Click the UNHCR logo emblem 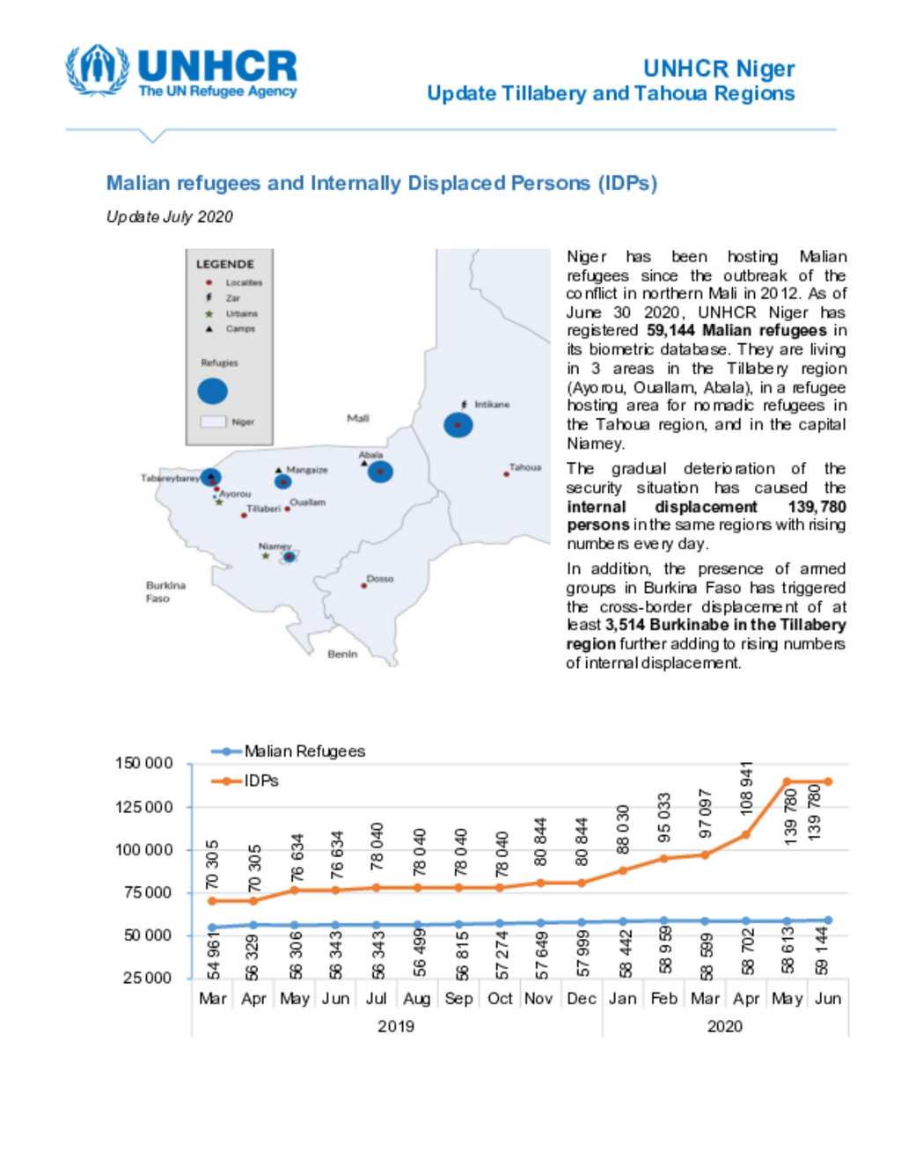[x=97, y=70]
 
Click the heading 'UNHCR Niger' [x=718, y=69]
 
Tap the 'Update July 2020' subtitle [x=169, y=216]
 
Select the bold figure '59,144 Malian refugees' [x=736, y=331]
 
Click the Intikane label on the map [x=491, y=405]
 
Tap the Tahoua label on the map [x=525, y=467]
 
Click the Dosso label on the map [x=380, y=579]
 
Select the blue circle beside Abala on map [x=380, y=472]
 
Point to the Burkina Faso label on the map [x=165, y=591]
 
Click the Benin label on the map [x=342, y=654]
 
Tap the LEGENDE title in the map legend [x=224, y=264]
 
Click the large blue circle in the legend [x=212, y=391]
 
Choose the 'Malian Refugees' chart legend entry [x=304, y=752]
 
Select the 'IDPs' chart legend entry [x=260, y=781]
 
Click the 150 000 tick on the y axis [x=143, y=763]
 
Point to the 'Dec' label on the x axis [x=581, y=998]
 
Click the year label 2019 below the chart [x=395, y=1026]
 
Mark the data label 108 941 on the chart [x=746, y=788]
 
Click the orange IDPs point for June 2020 [x=827, y=781]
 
